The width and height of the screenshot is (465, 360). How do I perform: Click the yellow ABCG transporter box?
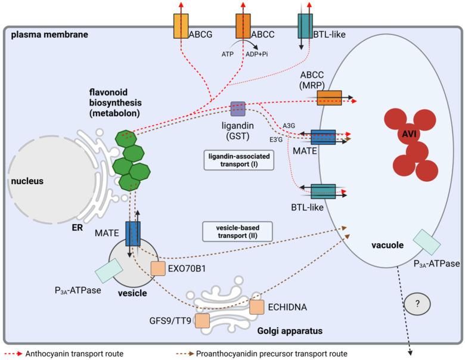[x=181, y=26]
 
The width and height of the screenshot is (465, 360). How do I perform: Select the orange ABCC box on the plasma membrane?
[x=244, y=26]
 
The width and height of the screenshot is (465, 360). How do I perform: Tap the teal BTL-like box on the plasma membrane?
[x=306, y=26]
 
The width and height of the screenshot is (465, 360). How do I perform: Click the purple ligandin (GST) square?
[x=238, y=109]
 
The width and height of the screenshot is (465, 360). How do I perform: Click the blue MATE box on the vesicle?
[x=132, y=233]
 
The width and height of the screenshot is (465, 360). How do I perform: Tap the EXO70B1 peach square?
[x=158, y=268]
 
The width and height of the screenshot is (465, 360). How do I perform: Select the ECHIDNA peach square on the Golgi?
[x=256, y=307]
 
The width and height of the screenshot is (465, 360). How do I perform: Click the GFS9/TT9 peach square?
[x=202, y=321]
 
